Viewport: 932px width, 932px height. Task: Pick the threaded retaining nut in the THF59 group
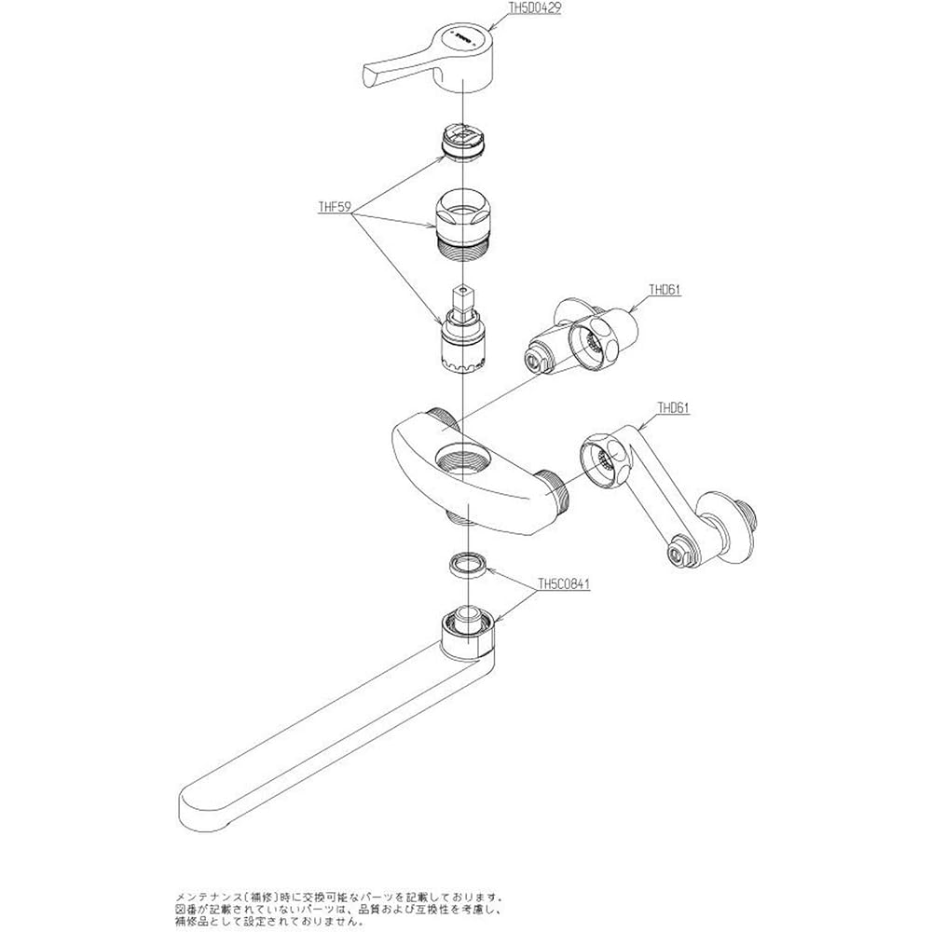point(463,223)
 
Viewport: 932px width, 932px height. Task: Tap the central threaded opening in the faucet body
point(462,458)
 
